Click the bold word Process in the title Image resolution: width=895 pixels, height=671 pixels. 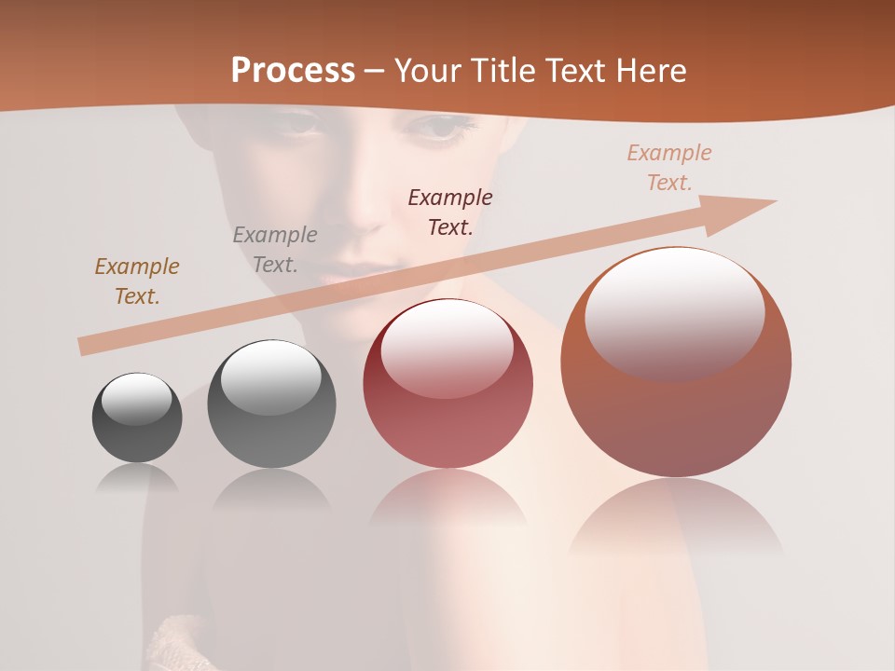[293, 71]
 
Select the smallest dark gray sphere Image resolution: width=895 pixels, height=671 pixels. [137, 418]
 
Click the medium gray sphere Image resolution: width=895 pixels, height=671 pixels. [271, 404]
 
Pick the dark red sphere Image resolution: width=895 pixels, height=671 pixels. [447, 384]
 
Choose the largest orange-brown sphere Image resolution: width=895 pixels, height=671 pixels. [676, 363]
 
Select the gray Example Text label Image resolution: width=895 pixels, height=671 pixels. [275, 250]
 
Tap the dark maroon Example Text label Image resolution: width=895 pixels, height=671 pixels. [450, 212]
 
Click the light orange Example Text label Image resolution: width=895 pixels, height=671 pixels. [669, 168]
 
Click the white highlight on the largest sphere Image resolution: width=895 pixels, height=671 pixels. [674, 312]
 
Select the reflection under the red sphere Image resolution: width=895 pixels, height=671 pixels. [447, 503]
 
